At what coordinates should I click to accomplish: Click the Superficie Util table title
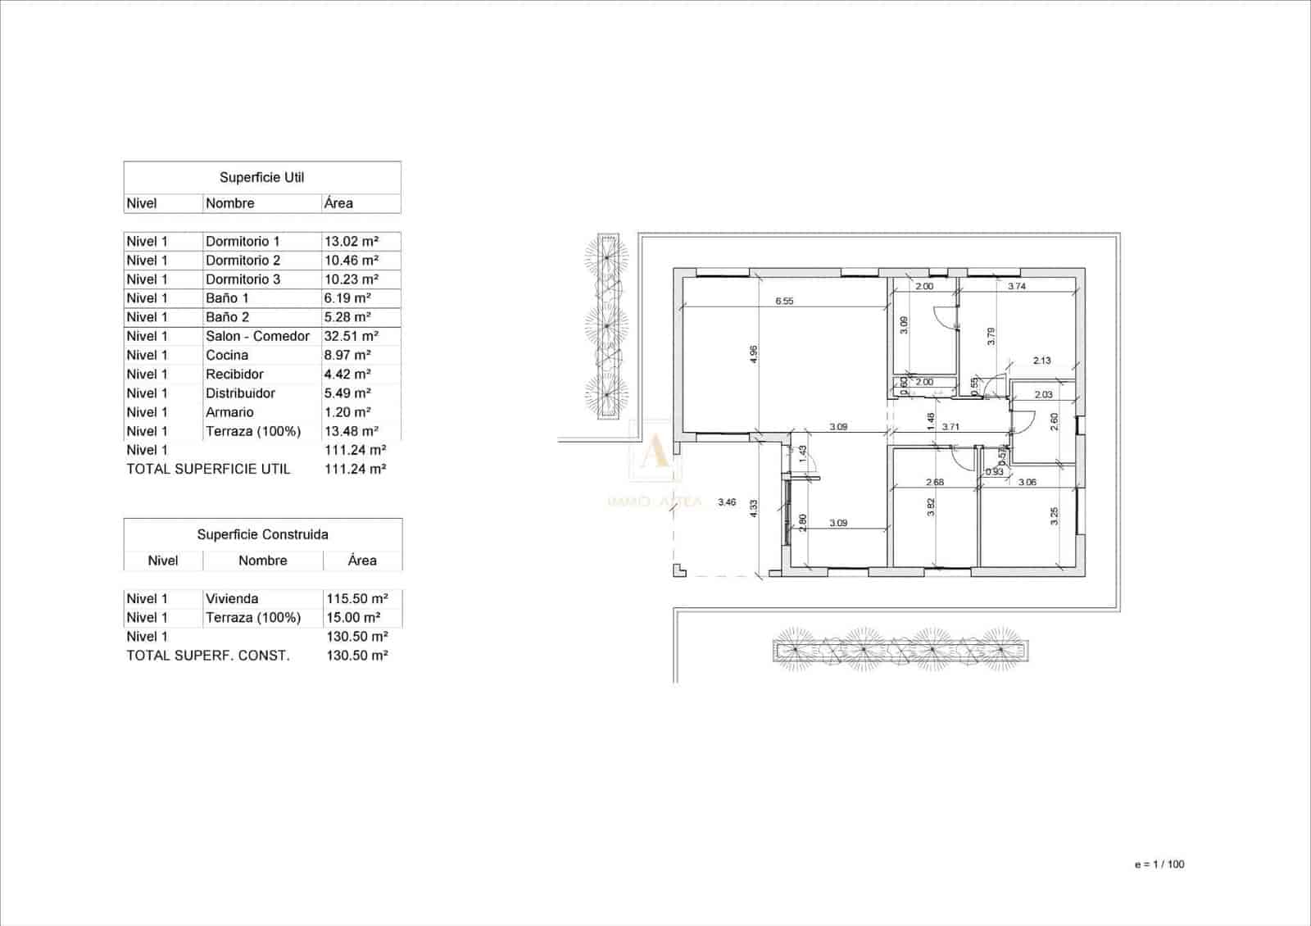pyautogui.click(x=261, y=177)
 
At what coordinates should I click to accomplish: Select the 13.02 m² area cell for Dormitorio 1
pyautogui.click(x=351, y=241)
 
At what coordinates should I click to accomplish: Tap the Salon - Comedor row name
pyautogui.click(x=257, y=336)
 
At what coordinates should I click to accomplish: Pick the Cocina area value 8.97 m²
pyautogui.click(x=347, y=355)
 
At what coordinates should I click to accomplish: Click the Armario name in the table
pyautogui.click(x=229, y=412)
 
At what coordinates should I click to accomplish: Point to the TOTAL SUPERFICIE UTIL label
pyautogui.click(x=208, y=469)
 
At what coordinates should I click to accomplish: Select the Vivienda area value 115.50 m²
pyautogui.click(x=356, y=598)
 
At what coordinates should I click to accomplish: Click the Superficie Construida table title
pyautogui.click(x=262, y=534)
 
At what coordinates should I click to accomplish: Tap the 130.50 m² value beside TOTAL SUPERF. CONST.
pyautogui.click(x=356, y=655)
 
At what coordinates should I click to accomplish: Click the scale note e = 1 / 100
pyautogui.click(x=1159, y=864)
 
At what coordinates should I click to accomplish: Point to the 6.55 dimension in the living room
pyautogui.click(x=784, y=301)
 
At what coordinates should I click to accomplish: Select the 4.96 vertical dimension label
pyautogui.click(x=754, y=354)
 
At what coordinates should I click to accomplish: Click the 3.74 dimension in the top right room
pyautogui.click(x=1017, y=286)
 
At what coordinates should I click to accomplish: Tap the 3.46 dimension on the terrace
pyautogui.click(x=726, y=502)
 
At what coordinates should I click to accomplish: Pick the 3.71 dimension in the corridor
pyautogui.click(x=950, y=427)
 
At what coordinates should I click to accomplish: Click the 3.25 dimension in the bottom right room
pyautogui.click(x=1055, y=515)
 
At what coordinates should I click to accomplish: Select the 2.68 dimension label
pyautogui.click(x=934, y=482)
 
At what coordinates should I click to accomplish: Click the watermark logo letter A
pyautogui.click(x=654, y=452)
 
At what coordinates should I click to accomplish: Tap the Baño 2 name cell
pyautogui.click(x=227, y=317)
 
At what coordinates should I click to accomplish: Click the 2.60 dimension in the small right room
pyautogui.click(x=1054, y=420)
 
